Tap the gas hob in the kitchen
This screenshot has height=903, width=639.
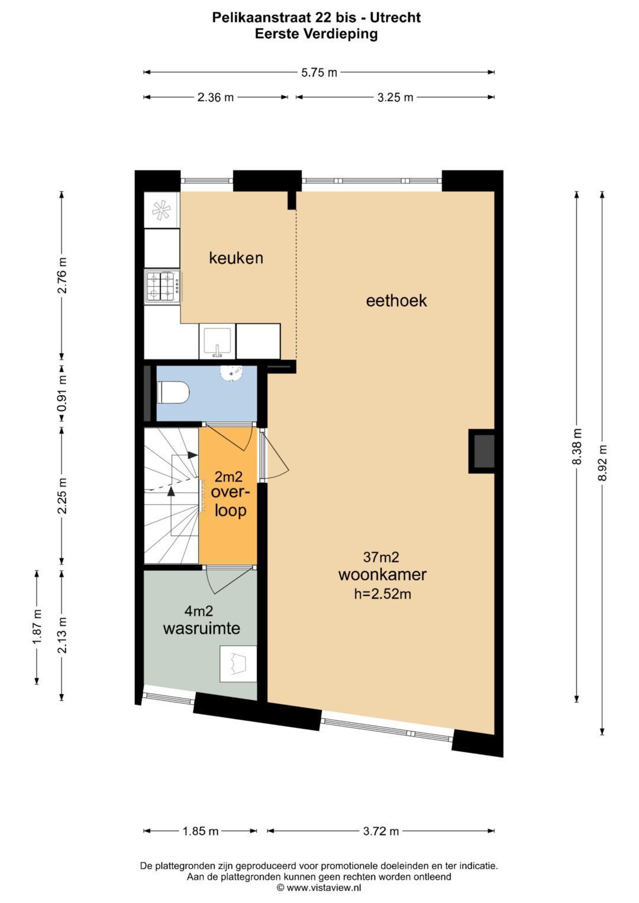click(163, 287)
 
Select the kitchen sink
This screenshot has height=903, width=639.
click(217, 341)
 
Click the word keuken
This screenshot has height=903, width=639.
click(236, 258)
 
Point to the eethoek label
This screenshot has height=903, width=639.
click(396, 301)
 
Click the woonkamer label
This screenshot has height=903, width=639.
click(382, 575)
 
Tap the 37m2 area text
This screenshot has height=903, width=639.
click(381, 558)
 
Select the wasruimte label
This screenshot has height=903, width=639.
click(201, 629)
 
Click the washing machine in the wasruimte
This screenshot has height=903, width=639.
click(238, 664)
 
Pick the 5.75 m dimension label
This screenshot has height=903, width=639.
click(319, 73)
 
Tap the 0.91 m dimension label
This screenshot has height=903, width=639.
click(62, 393)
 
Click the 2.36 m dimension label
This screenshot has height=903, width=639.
click(215, 98)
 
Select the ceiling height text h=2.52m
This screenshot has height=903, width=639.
click(382, 594)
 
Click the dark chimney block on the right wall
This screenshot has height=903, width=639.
click(482, 451)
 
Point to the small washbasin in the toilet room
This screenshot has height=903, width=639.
click(231, 372)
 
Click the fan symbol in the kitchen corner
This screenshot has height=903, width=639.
click(161, 209)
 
